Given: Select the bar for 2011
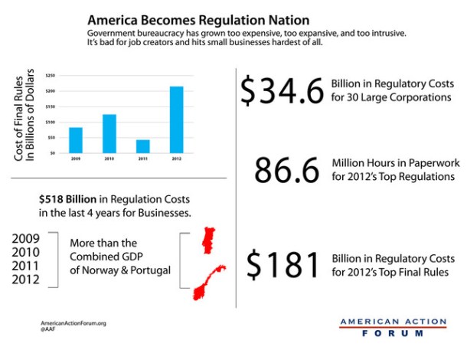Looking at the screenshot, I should pos(142,146).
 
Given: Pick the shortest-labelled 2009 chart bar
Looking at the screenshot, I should pos(76,140).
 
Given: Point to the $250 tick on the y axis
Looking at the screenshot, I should pos(51,76).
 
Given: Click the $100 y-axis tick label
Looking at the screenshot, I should pos(51,123).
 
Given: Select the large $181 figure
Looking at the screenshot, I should pos(282,264).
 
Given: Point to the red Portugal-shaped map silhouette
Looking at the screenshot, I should pos(205,241).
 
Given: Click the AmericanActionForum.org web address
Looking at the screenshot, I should pos(73,323).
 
